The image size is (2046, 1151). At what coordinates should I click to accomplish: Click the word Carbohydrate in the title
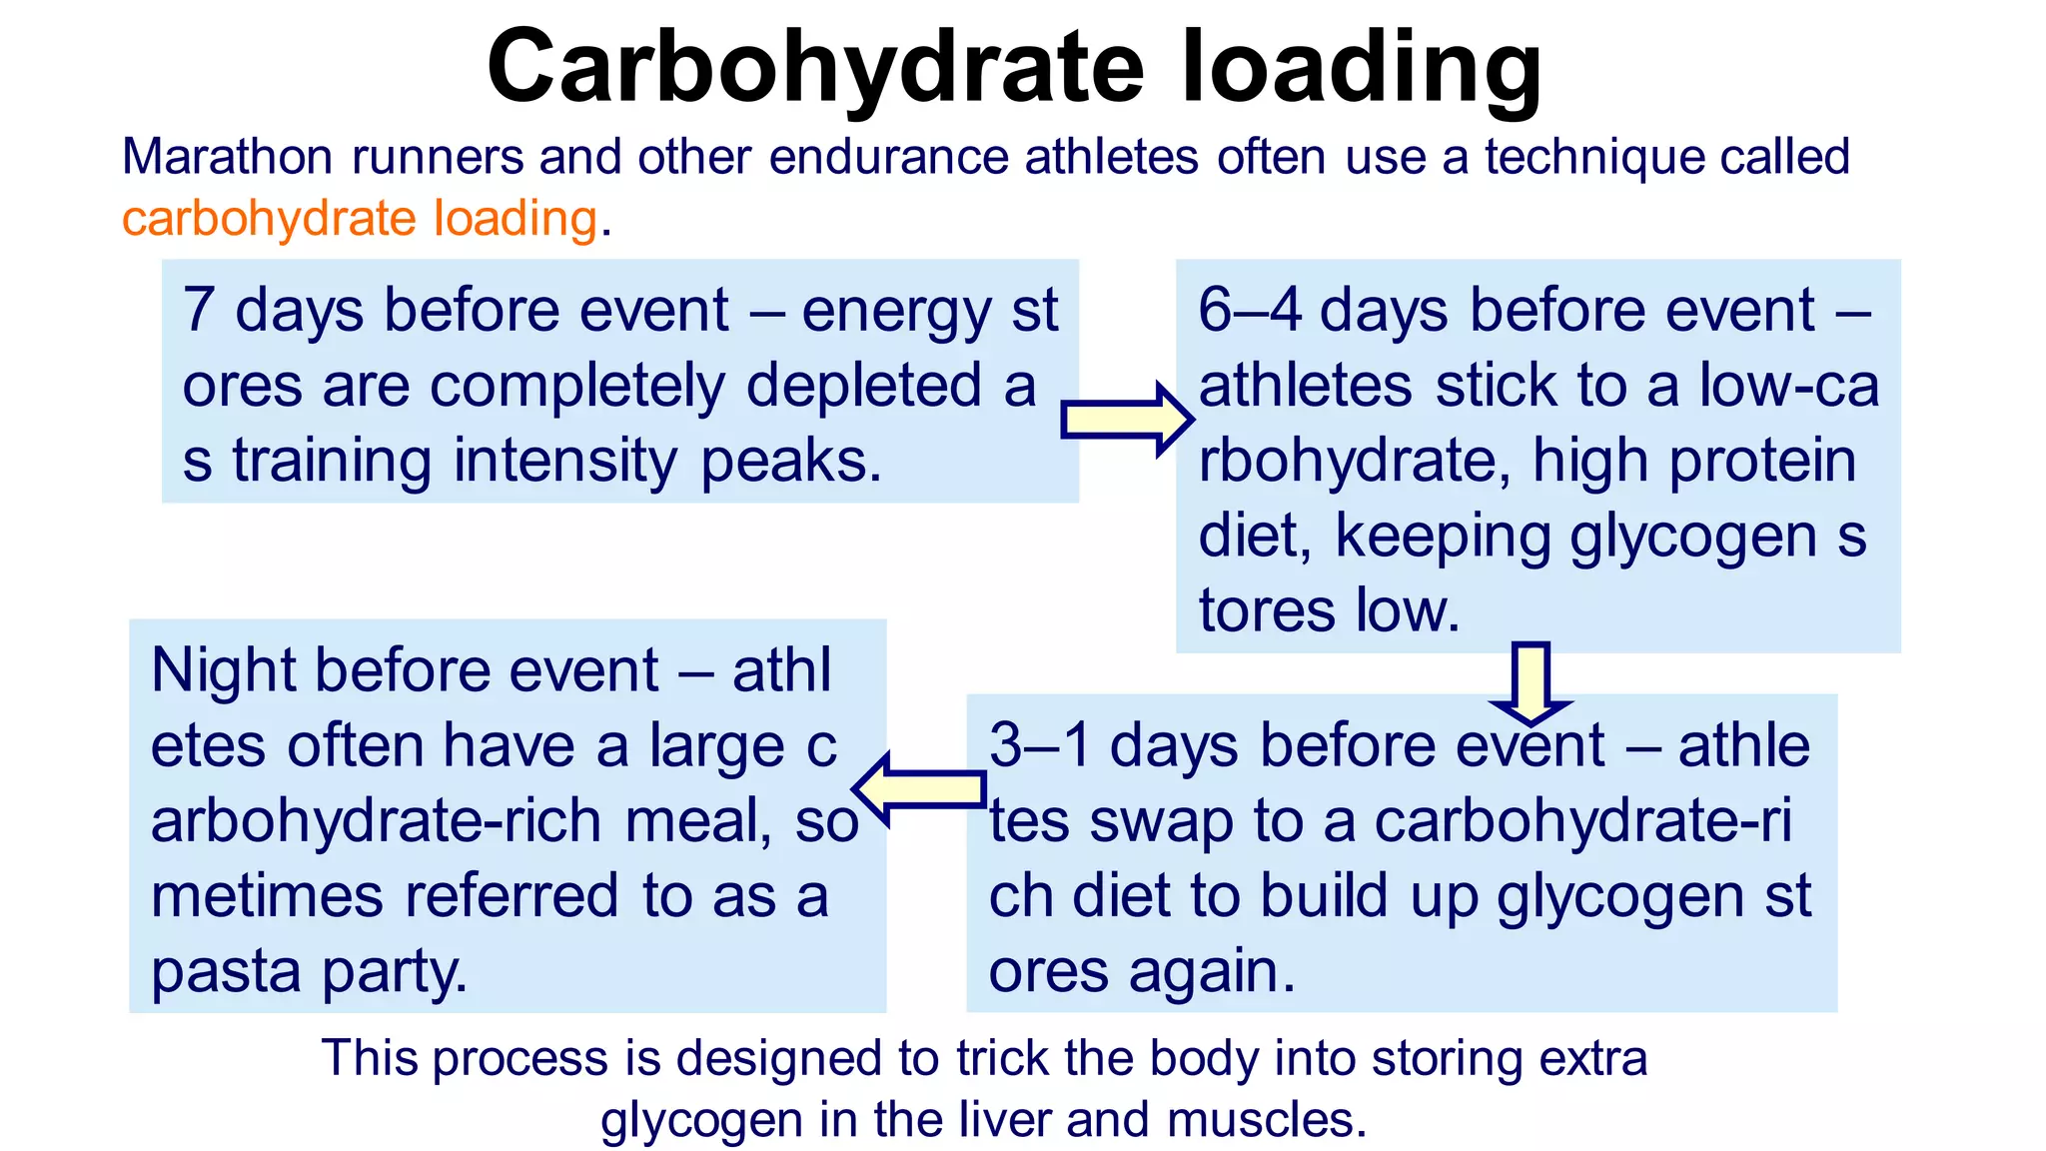point(814,68)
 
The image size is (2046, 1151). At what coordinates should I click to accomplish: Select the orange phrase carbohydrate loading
point(360,218)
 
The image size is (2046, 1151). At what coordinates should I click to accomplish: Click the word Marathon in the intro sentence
point(227,157)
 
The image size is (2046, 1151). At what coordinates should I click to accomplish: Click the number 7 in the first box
point(198,310)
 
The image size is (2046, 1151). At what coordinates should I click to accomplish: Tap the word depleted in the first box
point(864,386)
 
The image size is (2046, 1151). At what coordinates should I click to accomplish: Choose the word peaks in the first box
point(791,461)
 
